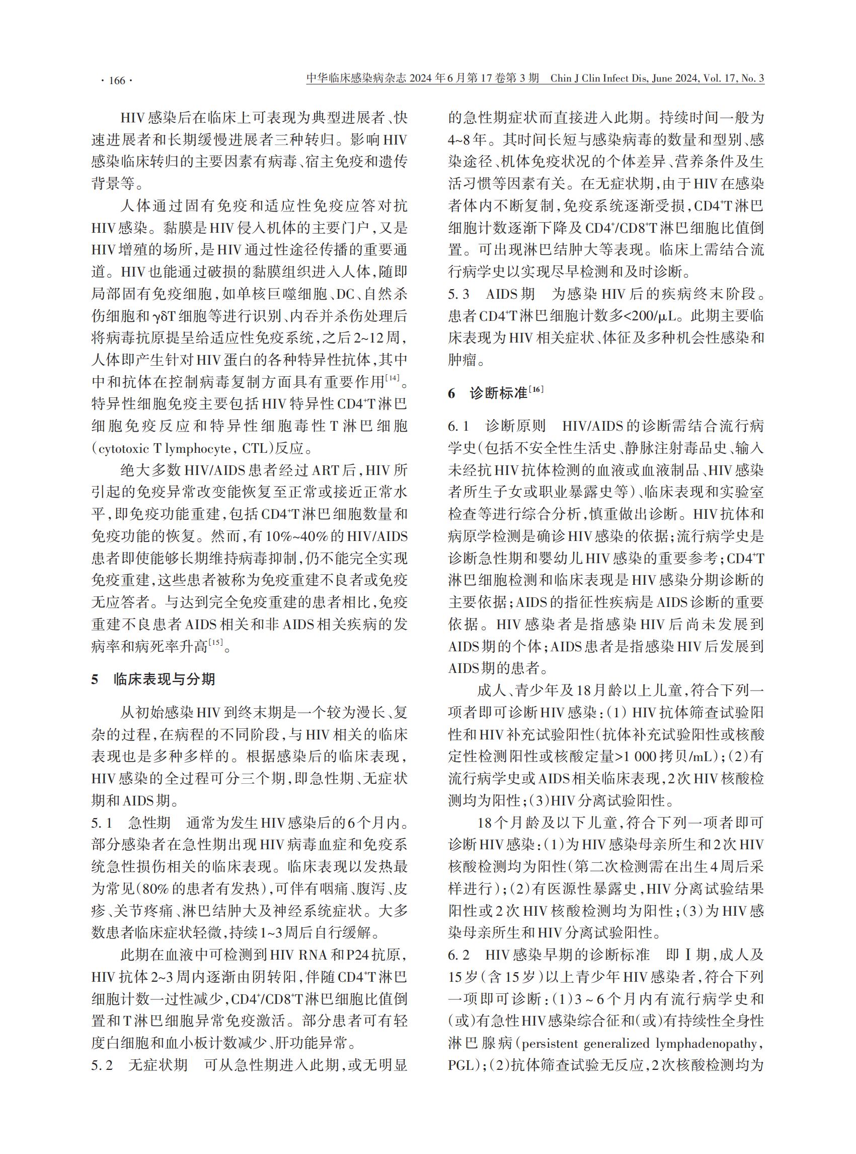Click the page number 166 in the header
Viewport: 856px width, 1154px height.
click(x=117, y=81)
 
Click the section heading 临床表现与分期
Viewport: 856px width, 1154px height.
click(x=164, y=679)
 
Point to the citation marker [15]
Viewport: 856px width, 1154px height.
click(x=215, y=643)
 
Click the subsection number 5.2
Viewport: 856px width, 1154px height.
click(x=102, y=1065)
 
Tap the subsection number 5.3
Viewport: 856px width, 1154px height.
click(x=458, y=295)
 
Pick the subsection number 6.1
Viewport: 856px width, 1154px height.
click(x=458, y=426)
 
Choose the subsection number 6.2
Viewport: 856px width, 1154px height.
click(x=458, y=955)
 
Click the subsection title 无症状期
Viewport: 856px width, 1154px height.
click(x=158, y=1065)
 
